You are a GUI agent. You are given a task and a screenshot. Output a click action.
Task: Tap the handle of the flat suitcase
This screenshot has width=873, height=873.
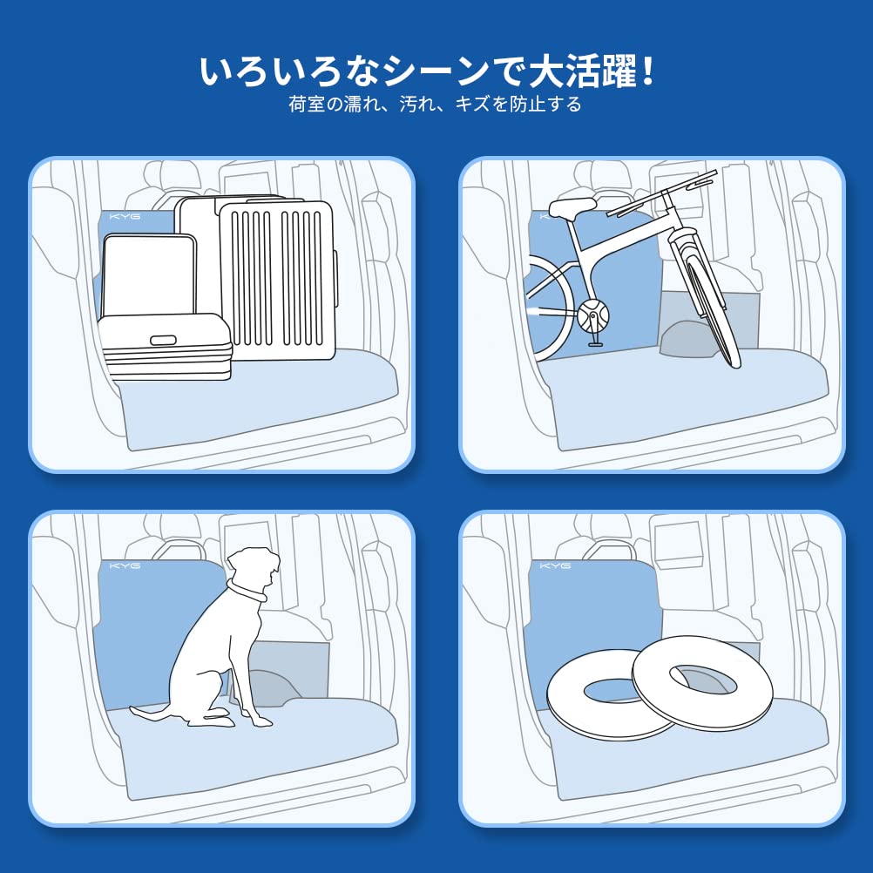click(x=163, y=340)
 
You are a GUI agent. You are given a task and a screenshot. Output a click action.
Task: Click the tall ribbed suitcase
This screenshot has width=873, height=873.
click(x=277, y=281)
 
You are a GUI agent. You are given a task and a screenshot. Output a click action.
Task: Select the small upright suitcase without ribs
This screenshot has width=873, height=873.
click(x=149, y=275)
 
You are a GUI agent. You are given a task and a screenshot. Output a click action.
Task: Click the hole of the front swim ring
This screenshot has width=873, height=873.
click(x=612, y=690)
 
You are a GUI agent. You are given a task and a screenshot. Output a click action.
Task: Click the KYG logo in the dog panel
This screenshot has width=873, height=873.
click(x=125, y=565)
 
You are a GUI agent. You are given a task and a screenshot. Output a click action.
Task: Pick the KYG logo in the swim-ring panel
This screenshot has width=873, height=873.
click(x=555, y=565)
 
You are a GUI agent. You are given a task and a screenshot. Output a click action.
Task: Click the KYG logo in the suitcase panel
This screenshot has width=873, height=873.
click(x=125, y=216)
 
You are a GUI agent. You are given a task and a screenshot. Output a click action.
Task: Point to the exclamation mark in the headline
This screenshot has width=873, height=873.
click(x=647, y=71)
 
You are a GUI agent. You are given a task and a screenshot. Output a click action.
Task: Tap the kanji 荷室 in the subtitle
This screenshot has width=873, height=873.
click(x=307, y=104)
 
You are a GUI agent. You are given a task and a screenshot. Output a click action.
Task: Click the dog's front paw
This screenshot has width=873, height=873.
click(x=261, y=721)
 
